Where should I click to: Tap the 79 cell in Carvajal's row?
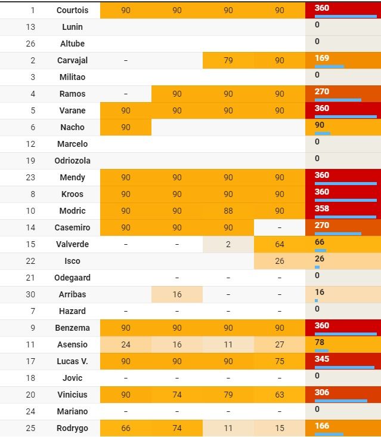point(228,60)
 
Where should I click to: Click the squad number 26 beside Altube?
point(32,44)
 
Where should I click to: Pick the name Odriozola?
point(72,161)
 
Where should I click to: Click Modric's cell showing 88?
point(228,211)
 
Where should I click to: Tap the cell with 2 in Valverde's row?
point(228,244)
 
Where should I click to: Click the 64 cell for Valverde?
point(279,244)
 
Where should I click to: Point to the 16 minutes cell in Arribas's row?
point(176,294)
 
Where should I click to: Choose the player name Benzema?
point(72,328)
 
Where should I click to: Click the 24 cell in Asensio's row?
point(125,344)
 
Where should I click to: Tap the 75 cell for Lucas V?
point(279,361)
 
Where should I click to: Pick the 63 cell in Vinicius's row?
point(279,395)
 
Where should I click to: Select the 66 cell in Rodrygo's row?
point(125,428)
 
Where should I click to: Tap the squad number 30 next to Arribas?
point(32,294)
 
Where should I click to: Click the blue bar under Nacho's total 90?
point(323,133)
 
